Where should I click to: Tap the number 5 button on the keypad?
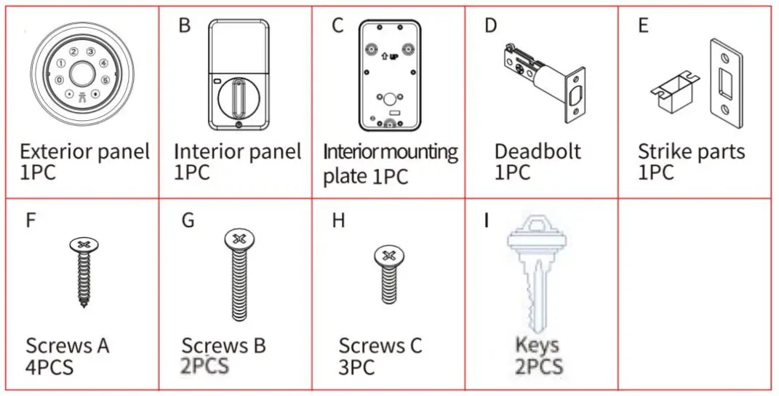tap(105, 80)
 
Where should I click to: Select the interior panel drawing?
tap(238, 76)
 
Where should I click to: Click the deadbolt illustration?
tap(543, 84)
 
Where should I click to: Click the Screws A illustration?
tap(81, 273)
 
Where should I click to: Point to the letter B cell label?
tap(184, 25)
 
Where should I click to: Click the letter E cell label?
tap(643, 25)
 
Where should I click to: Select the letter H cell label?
tap(338, 221)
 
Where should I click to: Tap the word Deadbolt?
tap(538, 151)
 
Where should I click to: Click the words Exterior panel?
tap(84, 152)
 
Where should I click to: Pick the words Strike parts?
tap(691, 152)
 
